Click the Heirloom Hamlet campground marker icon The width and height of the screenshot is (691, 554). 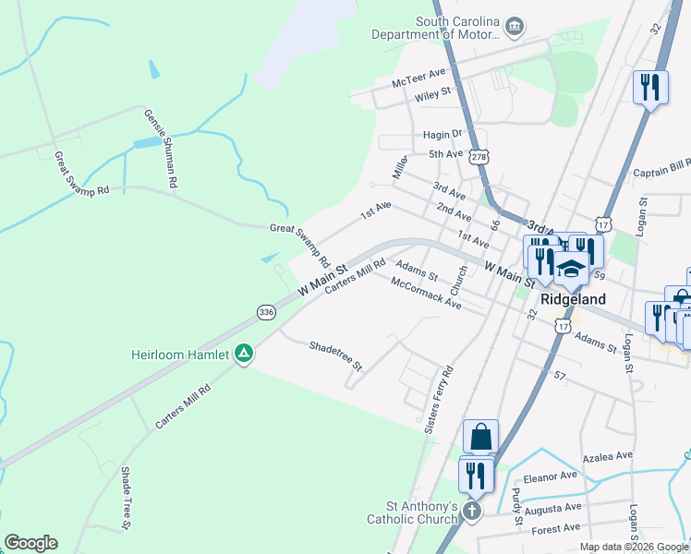point(244,353)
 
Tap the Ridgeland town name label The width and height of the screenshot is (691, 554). point(574,299)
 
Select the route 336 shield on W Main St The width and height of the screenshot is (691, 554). point(267,312)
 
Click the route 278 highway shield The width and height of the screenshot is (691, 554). point(478,158)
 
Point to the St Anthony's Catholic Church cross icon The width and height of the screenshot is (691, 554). point(472,511)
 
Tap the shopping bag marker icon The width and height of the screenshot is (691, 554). point(480,437)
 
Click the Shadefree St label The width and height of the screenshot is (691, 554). point(336,355)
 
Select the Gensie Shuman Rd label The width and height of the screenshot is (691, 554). point(160,148)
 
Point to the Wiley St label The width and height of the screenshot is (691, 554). point(432,92)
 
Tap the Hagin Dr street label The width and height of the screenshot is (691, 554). point(442,134)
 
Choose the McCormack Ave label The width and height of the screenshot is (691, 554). point(425,292)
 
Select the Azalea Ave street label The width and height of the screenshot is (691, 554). point(607,456)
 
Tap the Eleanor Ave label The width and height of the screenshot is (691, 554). point(550,476)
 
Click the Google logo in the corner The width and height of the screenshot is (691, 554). point(30,543)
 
